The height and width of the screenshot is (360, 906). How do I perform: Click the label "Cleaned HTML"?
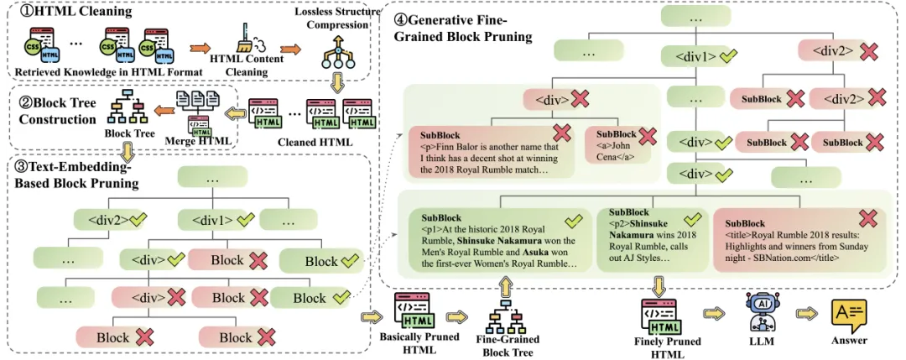point(310,141)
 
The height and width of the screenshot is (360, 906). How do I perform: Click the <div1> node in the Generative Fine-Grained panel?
point(695,57)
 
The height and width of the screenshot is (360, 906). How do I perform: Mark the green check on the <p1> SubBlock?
point(574,221)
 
